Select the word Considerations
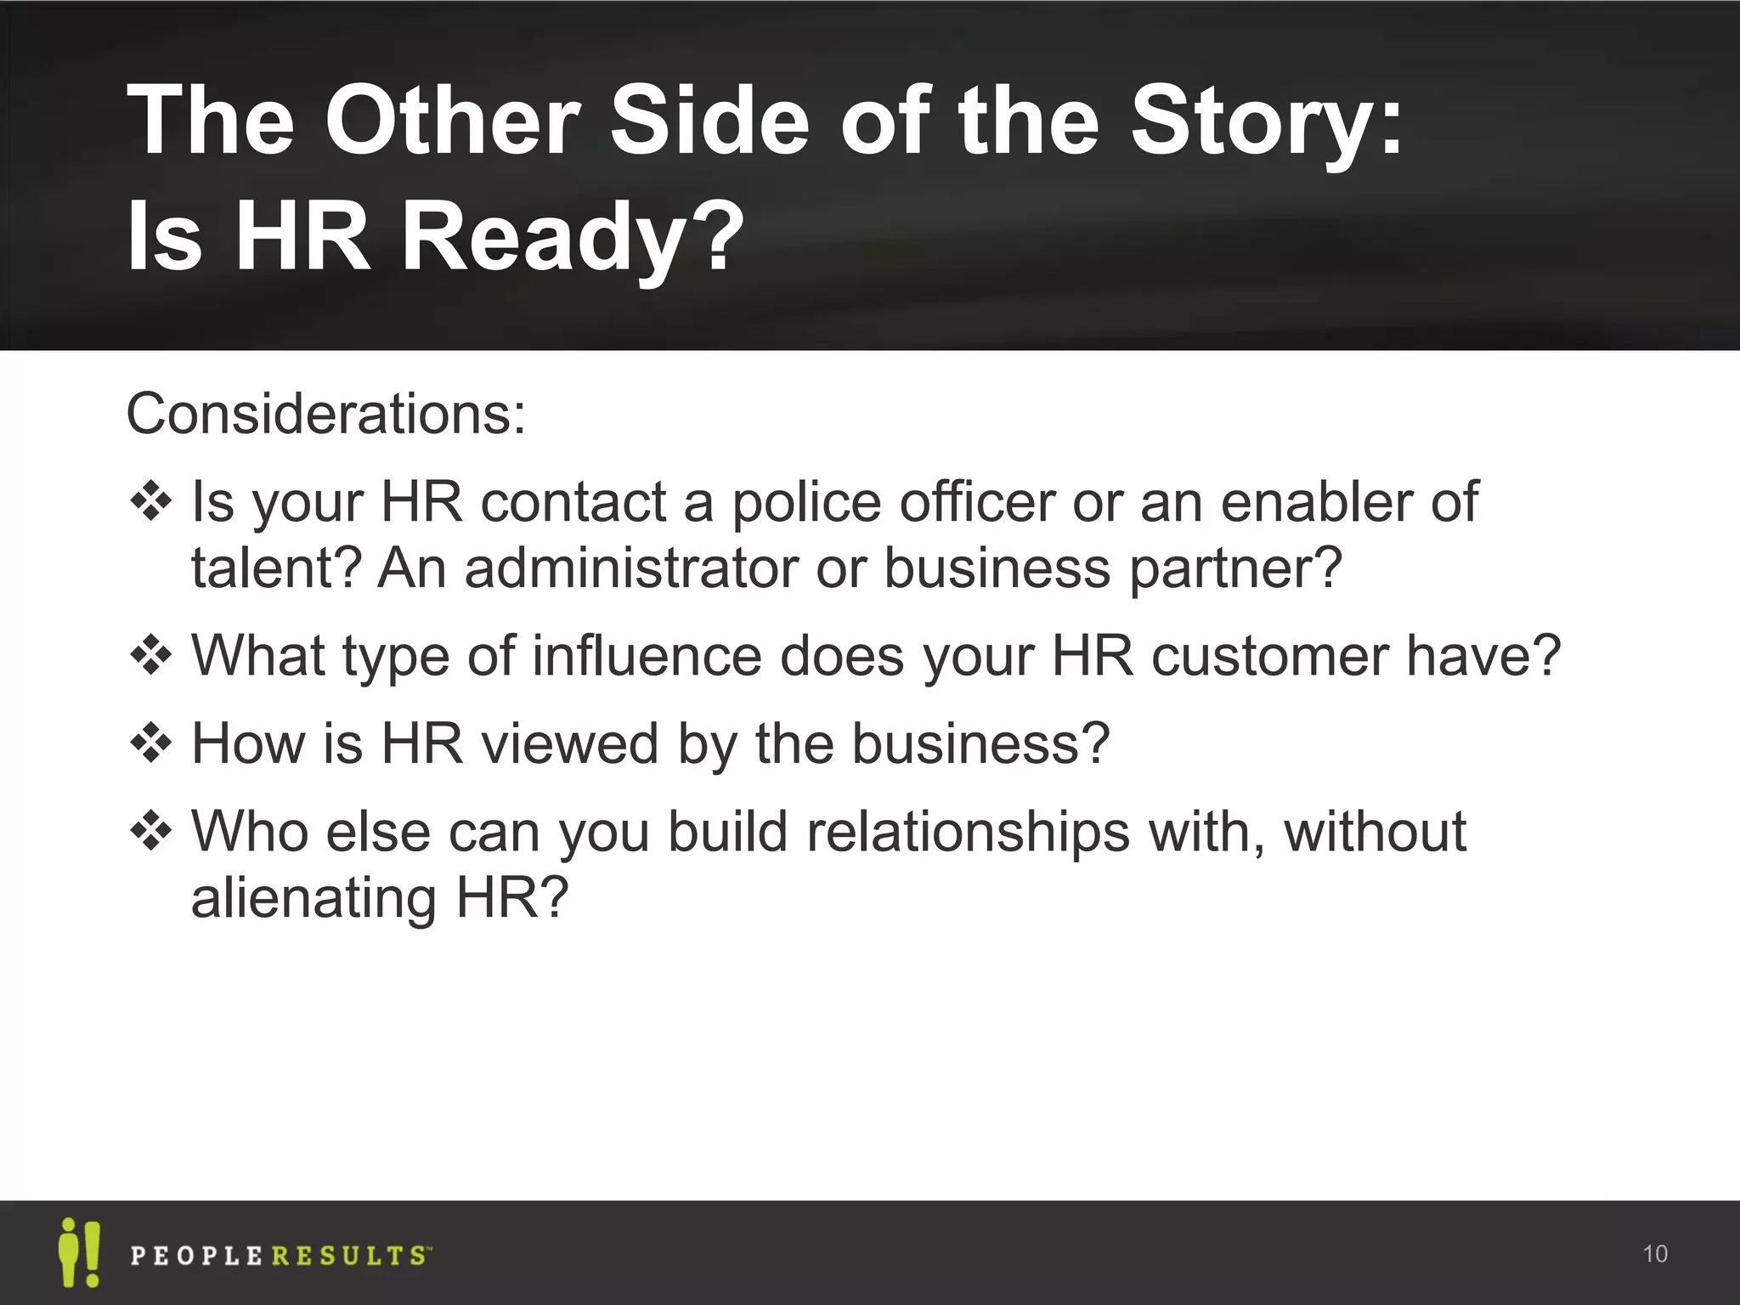[325, 414]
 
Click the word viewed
[570, 743]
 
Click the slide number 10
[1654, 1254]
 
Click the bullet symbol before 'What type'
[151, 656]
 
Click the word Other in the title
[453, 121]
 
